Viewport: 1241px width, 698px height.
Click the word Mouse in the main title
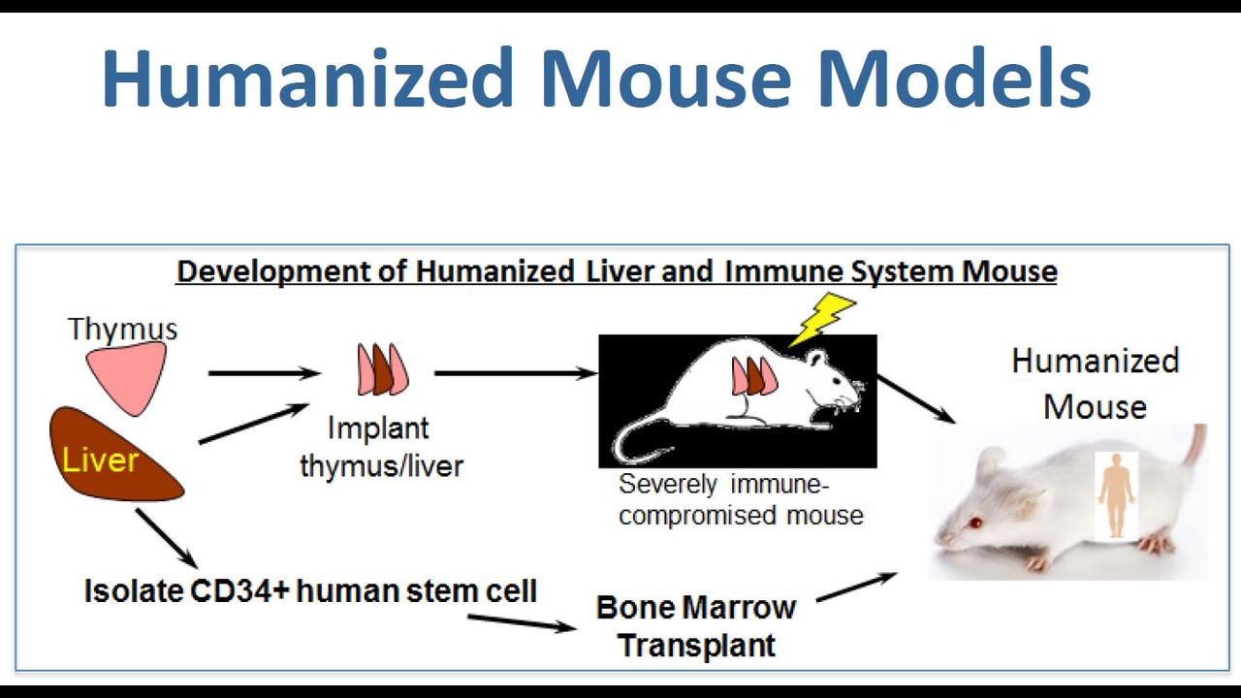666,78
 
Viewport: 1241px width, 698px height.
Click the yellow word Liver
100,460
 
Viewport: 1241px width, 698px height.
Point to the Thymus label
122,329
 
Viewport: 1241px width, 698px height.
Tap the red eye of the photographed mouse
975,523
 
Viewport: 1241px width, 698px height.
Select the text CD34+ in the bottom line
239,590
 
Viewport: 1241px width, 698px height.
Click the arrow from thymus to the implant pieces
265,373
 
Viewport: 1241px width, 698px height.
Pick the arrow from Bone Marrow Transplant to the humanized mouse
856,587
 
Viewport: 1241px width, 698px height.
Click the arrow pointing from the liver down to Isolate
166,538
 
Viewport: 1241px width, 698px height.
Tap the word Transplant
696,646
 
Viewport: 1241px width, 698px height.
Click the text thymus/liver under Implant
381,466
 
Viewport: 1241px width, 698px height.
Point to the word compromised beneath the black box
698,515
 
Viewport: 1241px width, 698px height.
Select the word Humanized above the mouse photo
1096,361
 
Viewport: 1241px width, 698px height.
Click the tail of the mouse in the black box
637,437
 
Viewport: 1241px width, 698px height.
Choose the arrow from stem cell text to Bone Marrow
522,622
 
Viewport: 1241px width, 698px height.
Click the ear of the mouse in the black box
815,358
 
